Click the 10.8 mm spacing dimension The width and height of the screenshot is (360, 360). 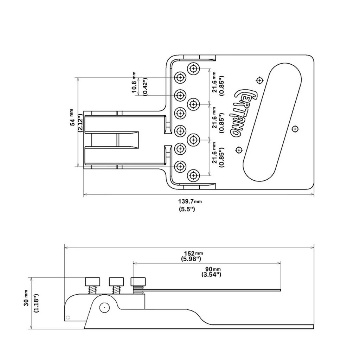point(134,83)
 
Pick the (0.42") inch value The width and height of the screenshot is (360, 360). point(144,86)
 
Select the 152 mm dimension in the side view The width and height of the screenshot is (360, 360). point(193,253)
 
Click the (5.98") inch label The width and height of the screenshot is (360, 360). point(191,259)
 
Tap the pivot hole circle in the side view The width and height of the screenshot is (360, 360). point(104,308)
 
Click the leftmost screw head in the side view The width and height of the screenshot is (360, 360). point(92,282)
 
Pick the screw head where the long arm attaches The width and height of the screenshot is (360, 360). point(137,282)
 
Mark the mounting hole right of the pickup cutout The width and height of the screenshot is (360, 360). point(295,129)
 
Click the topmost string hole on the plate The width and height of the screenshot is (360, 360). point(194,68)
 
